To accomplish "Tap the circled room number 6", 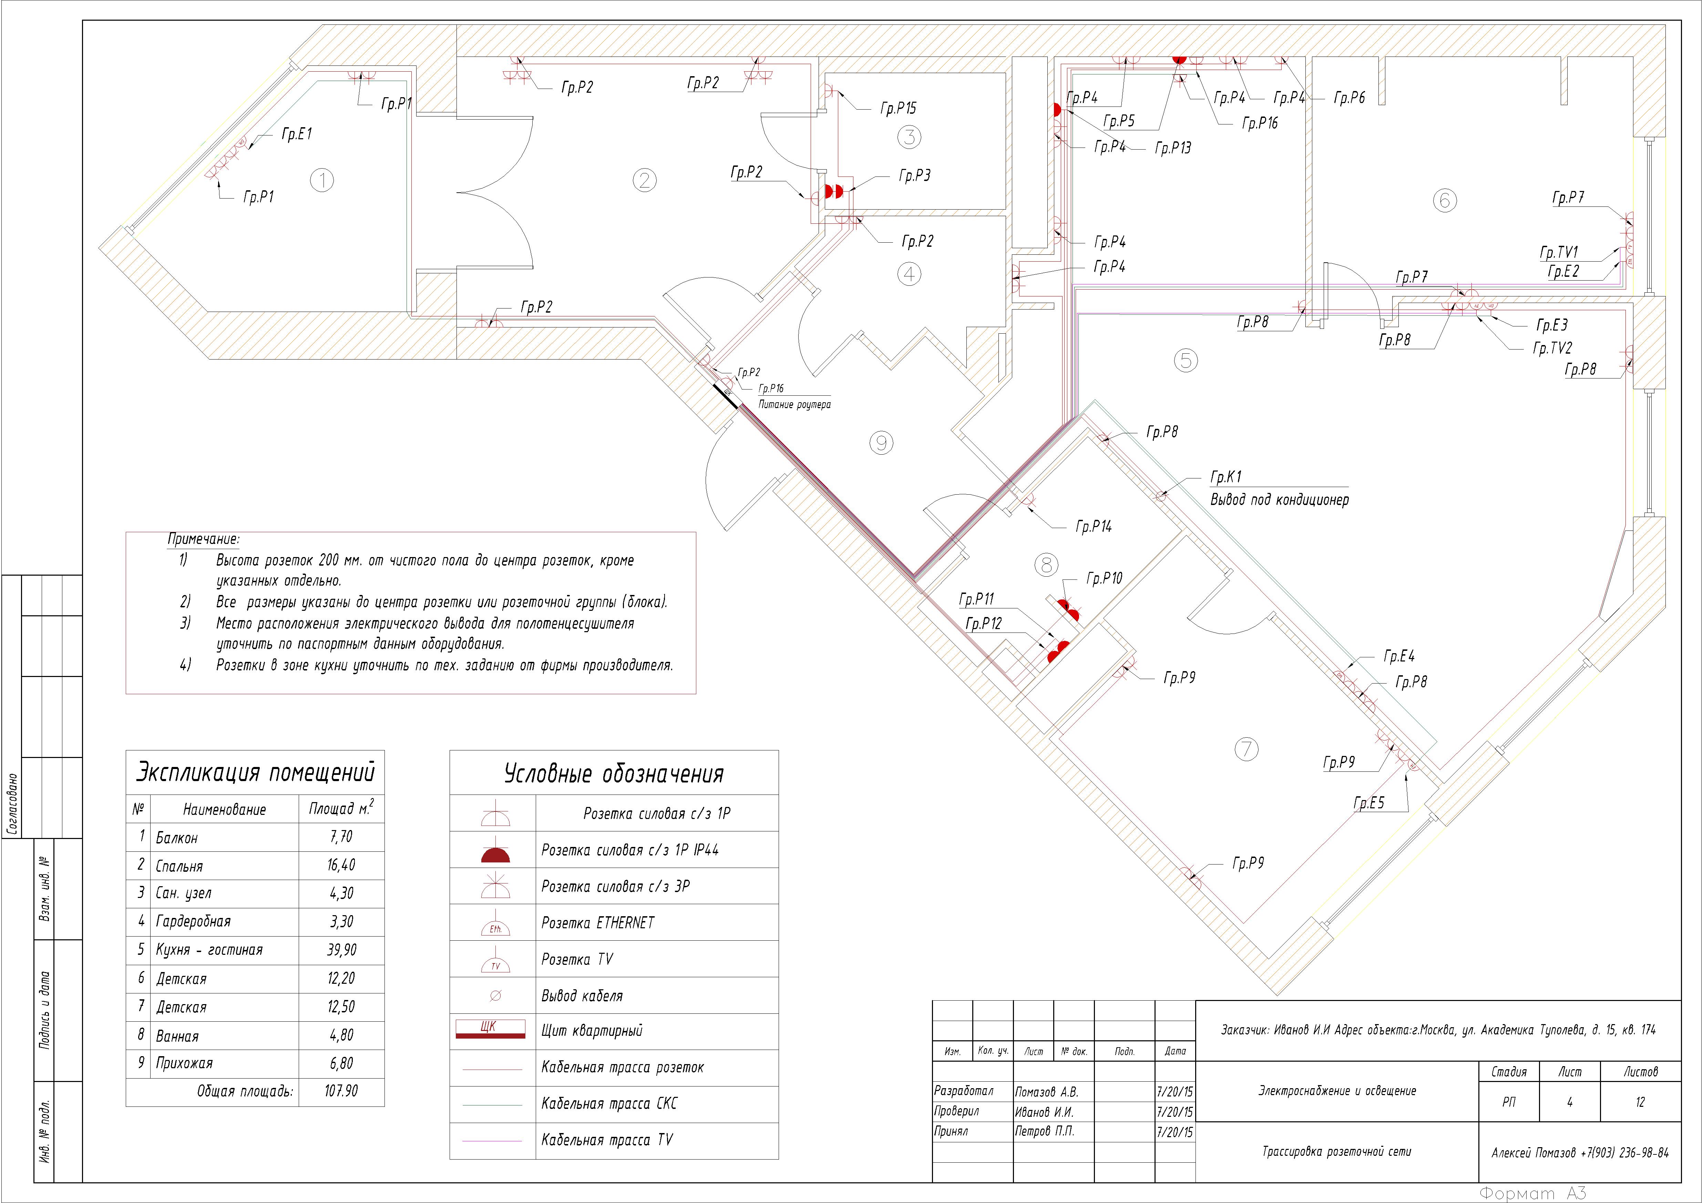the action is point(1444,200).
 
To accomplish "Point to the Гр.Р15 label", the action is point(898,108).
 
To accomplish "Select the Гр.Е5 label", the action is point(1368,803).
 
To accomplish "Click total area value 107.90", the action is point(341,1091).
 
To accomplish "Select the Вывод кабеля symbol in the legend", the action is point(495,996).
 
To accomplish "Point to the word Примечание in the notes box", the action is point(203,539).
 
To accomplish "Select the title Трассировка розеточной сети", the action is point(1336,1152).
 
